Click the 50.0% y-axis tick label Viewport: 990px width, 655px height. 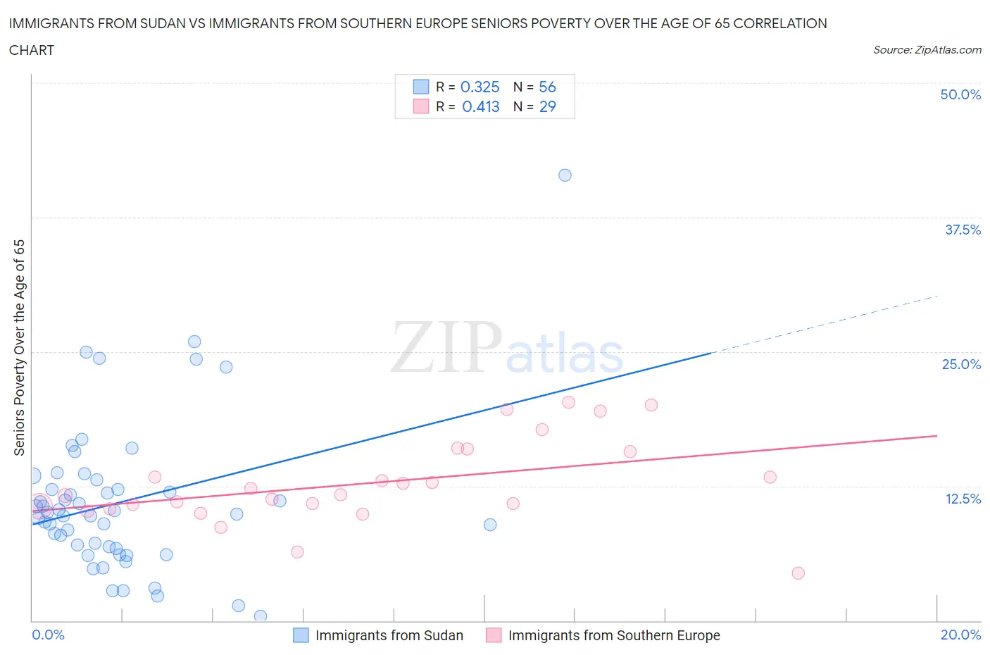(960, 94)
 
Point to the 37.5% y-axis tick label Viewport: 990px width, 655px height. (962, 230)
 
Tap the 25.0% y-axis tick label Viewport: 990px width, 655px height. (960, 364)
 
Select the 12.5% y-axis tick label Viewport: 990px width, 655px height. (962, 499)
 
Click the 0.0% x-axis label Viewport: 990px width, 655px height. (48, 635)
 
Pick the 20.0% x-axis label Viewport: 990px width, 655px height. (960, 635)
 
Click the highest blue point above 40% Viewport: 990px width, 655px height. (565, 175)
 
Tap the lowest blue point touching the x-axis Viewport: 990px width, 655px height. (261, 616)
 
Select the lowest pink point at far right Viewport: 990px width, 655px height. (798, 573)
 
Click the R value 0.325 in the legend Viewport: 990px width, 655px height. (480, 87)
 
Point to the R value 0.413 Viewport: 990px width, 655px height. (480, 106)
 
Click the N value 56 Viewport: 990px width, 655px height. (547, 87)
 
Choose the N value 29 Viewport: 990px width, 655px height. (547, 106)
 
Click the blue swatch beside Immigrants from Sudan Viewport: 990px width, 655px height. (301, 635)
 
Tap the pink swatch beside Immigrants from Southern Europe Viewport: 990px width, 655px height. (494, 635)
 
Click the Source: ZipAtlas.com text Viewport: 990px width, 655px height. (927, 50)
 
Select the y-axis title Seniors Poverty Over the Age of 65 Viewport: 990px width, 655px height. (20, 348)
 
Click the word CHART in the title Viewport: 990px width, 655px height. (32, 50)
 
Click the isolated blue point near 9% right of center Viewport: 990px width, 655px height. (490, 525)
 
